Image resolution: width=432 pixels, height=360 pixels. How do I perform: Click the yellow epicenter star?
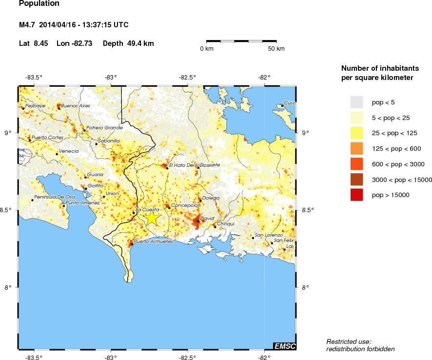point(152,218)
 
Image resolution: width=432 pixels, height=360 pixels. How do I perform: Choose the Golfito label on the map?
point(96,186)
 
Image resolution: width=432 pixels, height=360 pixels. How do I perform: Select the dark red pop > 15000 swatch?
point(357,195)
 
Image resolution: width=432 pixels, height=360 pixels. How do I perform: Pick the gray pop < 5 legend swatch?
point(357,101)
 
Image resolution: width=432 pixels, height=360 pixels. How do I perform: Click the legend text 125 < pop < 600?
point(396,148)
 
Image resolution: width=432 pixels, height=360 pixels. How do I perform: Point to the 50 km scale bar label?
point(276,49)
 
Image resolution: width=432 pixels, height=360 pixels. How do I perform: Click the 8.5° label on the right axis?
point(307,210)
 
